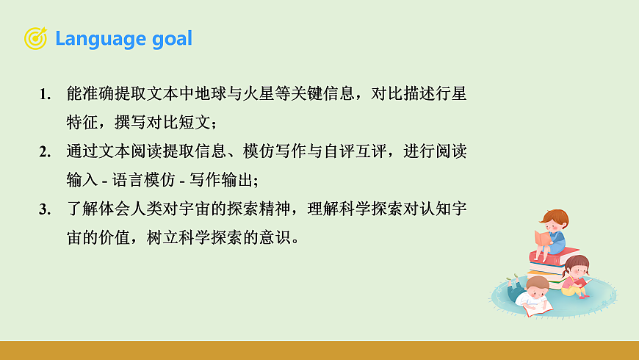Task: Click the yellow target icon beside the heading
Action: pos(35,38)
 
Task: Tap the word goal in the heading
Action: pos(171,39)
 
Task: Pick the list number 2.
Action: pos(45,152)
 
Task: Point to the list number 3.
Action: pos(45,209)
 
